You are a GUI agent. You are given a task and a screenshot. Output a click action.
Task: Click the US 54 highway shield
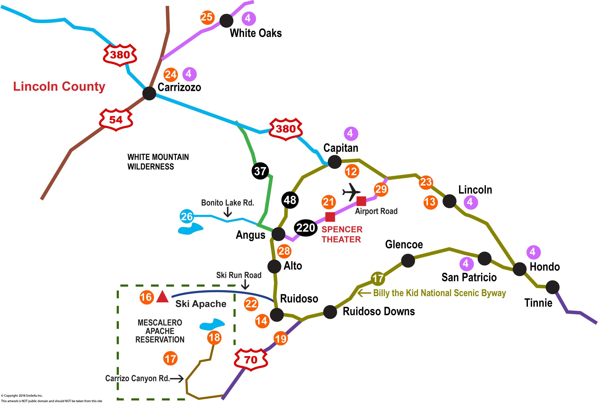(116, 120)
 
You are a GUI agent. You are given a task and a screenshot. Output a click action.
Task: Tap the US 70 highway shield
(251, 360)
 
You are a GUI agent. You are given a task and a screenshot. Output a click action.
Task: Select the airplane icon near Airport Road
(351, 192)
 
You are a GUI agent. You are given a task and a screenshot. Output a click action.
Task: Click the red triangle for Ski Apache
(162, 297)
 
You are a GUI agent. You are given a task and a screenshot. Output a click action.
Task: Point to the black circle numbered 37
(260, 171)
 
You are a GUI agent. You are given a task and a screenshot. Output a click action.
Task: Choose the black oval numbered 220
(305, 228)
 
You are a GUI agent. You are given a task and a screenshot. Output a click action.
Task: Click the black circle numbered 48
(290, 200)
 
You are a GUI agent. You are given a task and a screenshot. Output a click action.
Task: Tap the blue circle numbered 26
(187, 216)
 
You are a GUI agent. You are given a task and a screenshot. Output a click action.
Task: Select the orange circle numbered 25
(207, 17)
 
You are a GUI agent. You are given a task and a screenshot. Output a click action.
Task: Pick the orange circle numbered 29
(381, 189)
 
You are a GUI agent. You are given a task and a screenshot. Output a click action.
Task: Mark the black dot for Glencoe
(408, 261)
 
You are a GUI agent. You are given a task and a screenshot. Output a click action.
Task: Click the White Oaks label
(256, 33)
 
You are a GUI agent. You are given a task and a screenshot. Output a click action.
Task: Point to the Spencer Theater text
(342, 234)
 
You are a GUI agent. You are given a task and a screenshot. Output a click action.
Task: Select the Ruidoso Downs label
(379, 311)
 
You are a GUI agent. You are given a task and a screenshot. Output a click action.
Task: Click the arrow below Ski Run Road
(245, 285)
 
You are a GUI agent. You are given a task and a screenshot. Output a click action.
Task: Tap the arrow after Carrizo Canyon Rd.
(177, 379)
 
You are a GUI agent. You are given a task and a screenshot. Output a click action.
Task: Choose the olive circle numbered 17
(378, 278)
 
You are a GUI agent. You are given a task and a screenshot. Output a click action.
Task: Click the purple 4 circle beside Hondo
(533, 252)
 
